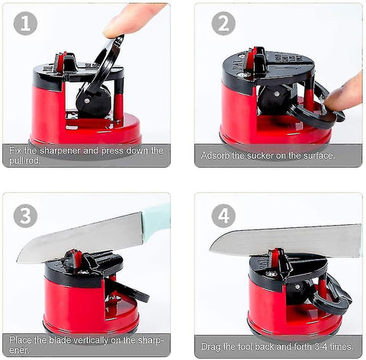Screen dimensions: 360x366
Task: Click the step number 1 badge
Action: click(25, 24)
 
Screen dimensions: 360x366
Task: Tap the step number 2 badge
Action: click(223, 24)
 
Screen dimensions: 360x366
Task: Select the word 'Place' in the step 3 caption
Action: click(21, 340)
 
